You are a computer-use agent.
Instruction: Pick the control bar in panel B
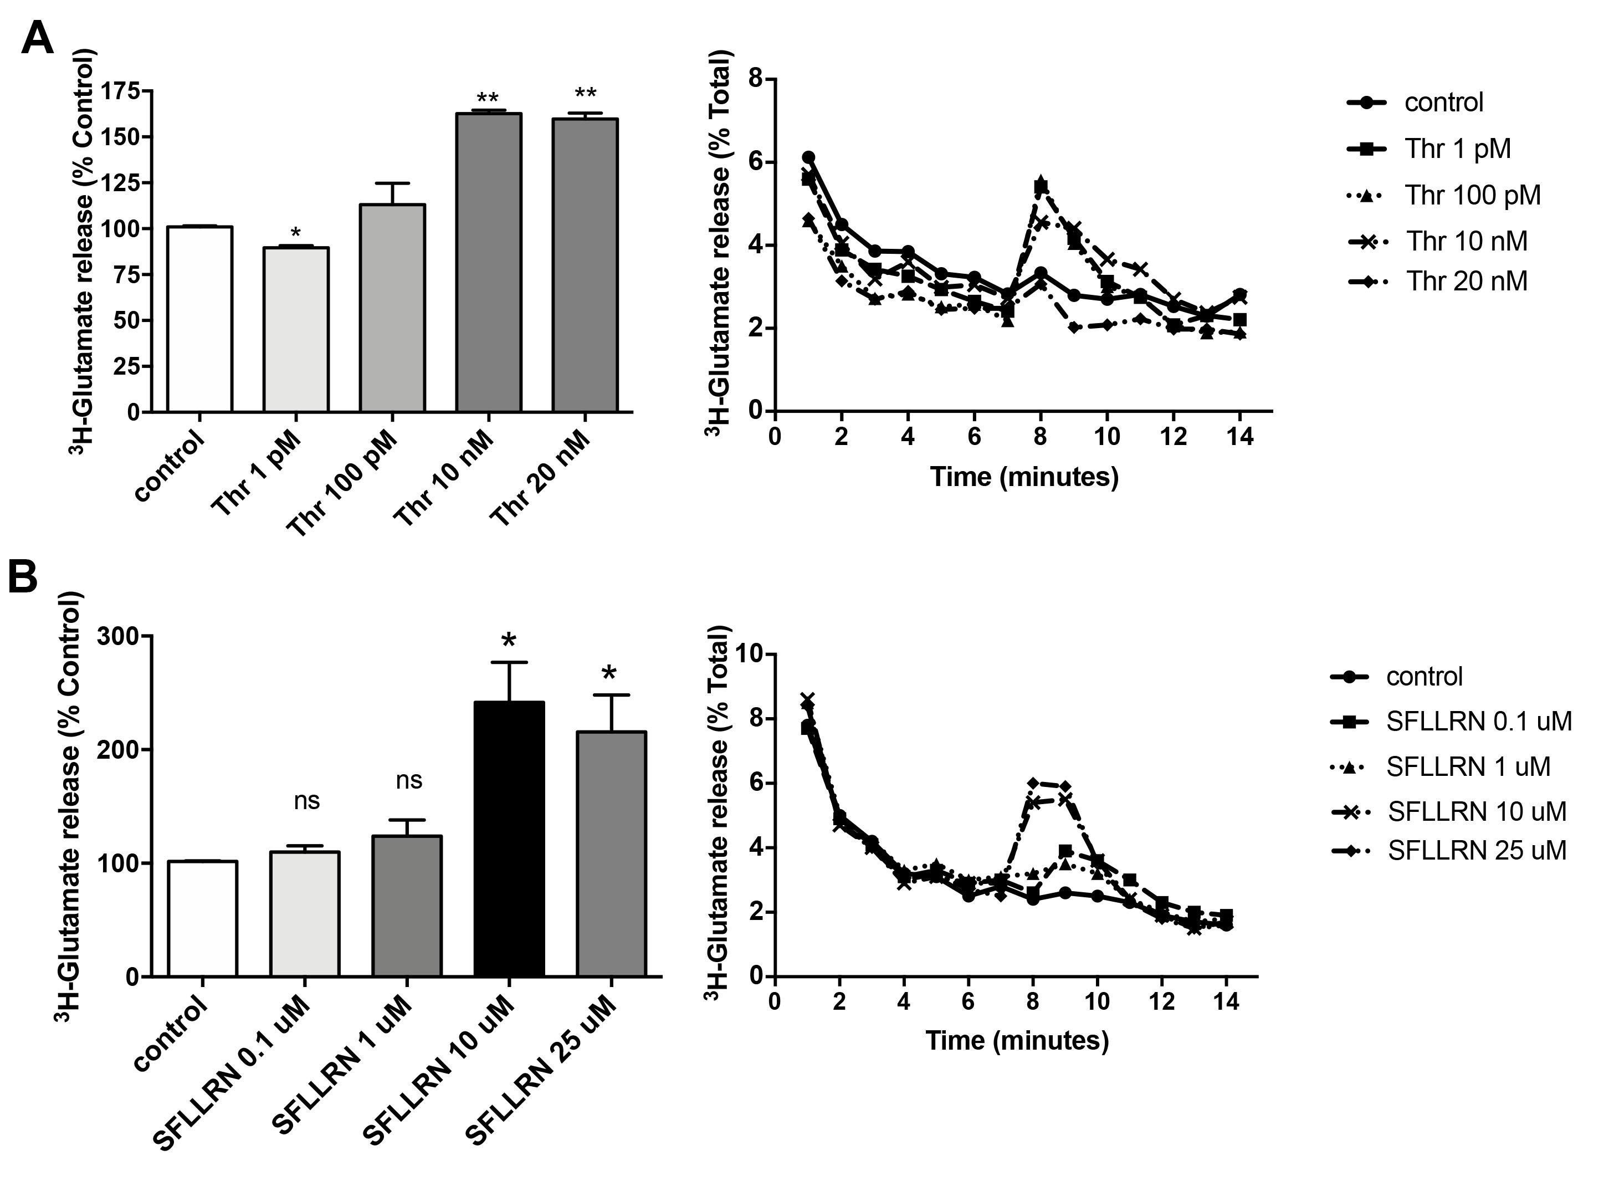(x=203, y=919)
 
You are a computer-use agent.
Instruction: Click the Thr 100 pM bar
(x=392, y=308)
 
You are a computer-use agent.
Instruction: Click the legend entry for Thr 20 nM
(x=1466, y=281)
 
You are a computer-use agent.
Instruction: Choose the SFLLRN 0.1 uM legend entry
(x=1478, y=722)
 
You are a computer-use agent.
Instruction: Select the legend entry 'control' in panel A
(x=1443, y=102)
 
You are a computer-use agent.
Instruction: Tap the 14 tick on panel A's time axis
(x=1239, y=436)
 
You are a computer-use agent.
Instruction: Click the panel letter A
(x=37, y=37)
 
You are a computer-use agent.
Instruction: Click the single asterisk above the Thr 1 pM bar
(x=296, y=233)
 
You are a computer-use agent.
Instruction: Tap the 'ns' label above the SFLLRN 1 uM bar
(x=409, y=780)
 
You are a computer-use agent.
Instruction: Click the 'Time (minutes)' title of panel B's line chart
(x=1016, y=1040)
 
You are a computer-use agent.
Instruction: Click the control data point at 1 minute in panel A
(x=808, y=157)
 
